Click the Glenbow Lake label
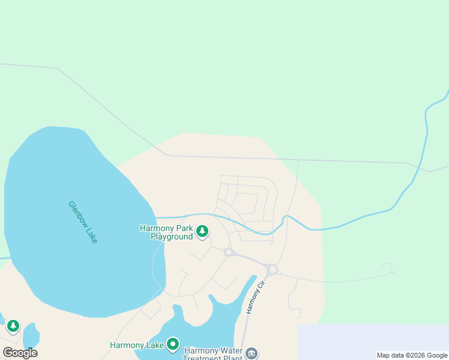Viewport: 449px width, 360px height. pyautogui.click(x=82, y=222)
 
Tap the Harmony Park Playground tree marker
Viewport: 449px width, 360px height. pyautogui.click(x=202, y=231)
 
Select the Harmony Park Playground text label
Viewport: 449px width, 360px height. pyautogui.click(x=166, y=232)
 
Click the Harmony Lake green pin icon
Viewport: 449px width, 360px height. pyautogui.click(x=173, y=344)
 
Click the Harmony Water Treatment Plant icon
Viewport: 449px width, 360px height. pyautogui.click(x=252, y=353)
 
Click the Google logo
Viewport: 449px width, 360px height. pyautogui.click(x=20, y=353)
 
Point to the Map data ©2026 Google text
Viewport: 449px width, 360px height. pyautogui.click(x=412, y=355)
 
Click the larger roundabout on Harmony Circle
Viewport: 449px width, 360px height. pyautogui.click(x=273, y=269)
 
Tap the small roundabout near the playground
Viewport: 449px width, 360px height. pyautogui.click(x=229, y=253)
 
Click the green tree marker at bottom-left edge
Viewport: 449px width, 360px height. pyautogui.click(x=13, y=326)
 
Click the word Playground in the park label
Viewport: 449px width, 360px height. pyautogui.click(x=172, y=236)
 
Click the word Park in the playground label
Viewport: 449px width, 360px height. pyautogui.click(x=185, y=228)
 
